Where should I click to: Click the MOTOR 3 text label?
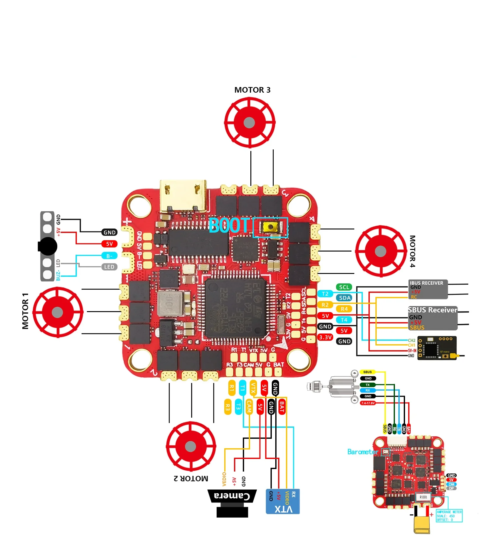(x=252, y=90)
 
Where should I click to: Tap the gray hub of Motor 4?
(x=380, y=251)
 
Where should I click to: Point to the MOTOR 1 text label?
(x=25, y=311)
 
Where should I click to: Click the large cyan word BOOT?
(x=230, y=226)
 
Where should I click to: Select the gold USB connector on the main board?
(x=183, y=196)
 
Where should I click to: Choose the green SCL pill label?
(x=344, y=287)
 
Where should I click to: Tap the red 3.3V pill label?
(x=325, y=337)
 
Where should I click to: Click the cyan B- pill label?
(x=109, y=256)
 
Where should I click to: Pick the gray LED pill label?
(x=109, y=267)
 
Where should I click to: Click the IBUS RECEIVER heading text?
(x=426, y=283)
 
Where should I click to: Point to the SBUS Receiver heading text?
(x=432, y=310)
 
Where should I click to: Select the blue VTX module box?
(x=283, y=502)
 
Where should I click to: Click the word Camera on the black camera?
(x=232, y=496)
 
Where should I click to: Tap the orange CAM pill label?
(x=249, y=407)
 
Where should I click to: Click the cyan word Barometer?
(x=363, y=452)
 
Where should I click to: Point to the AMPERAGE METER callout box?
(x=449, y=516)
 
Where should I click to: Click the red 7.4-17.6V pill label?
(x=368, y=403)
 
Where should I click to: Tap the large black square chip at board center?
(x=235, y=308)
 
